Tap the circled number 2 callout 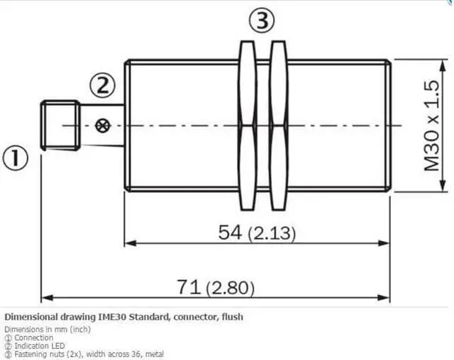[101, 86]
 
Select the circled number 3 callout [261, 22]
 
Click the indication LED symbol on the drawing [101, 126]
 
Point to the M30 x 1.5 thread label [431, 125]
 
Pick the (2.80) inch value [230, 288]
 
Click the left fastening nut [247, 125]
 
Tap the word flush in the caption [231, 317]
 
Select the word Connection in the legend [33, 338]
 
